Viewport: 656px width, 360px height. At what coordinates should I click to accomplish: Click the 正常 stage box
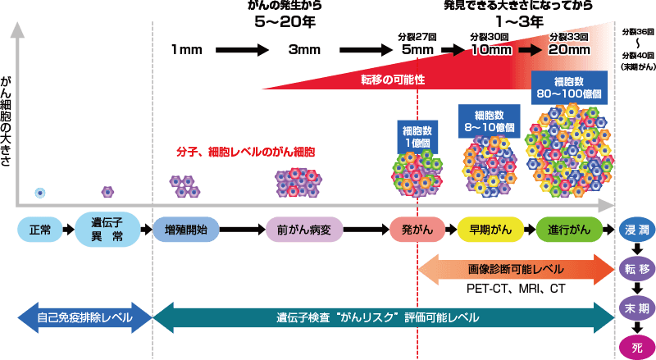(39, 230)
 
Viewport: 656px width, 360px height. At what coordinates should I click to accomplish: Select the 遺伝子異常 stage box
(107, 230)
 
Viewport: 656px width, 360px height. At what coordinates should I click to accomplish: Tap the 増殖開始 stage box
(186, 230)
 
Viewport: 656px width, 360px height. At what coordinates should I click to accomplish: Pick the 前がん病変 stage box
(304, 230)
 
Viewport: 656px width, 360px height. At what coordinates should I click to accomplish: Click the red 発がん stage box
(418, 230)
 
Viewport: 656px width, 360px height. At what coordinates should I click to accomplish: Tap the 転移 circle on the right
(636, 269)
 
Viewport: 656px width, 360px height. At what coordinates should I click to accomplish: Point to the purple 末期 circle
(636, 308)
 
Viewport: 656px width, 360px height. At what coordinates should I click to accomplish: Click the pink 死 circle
(636, 346)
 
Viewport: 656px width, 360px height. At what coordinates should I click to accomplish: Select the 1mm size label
(187, 50)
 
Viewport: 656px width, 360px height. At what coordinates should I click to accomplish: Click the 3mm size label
(303, 50)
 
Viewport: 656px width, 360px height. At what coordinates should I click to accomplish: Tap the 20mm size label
(569, 49)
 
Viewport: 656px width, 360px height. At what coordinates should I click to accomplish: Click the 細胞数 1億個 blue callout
(417, 135)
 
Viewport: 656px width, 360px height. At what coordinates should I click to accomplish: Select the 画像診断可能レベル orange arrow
(516, 268)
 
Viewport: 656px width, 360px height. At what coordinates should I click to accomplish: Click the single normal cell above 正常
(39, 193)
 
